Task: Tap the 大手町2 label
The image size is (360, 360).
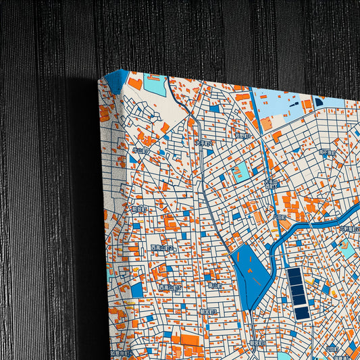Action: (x=203, y=144)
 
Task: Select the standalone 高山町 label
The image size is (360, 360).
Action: (x=214, y=286)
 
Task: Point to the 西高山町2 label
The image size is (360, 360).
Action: (x=162, y=249)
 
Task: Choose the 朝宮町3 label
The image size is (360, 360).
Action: (x=207, y=311)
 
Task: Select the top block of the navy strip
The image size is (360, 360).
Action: (x=295, y=275)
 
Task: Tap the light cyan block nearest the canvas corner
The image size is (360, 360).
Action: (x=155, y=85)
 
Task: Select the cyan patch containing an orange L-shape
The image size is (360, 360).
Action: (x=348, y=251)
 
